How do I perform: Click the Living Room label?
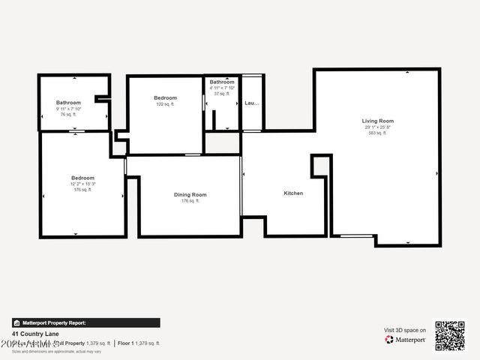(378, 121)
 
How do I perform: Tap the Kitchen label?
(293, 193)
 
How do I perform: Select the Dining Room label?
(190, 195)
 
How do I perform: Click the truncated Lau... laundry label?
(252, 103)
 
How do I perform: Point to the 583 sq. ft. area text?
(378, 133)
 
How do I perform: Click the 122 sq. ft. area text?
(165, 104)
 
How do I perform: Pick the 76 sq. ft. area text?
(69, 115)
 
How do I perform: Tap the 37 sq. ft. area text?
(222, 94)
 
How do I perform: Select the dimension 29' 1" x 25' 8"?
(378, 127)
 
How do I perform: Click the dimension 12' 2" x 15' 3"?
(82, 184)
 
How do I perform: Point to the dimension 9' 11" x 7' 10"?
(69, 109)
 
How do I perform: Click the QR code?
(450, 336)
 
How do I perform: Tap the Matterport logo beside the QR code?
(406, 340)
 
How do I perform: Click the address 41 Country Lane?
(35, 334)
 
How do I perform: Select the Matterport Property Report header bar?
(85, 323)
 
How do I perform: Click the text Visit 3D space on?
(405, 330)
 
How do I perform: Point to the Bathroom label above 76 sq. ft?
(69, 103)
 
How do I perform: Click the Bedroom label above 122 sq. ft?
(165, 98)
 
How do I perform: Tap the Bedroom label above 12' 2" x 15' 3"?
(82, 178)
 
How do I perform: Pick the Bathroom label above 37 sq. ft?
(222, 82)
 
